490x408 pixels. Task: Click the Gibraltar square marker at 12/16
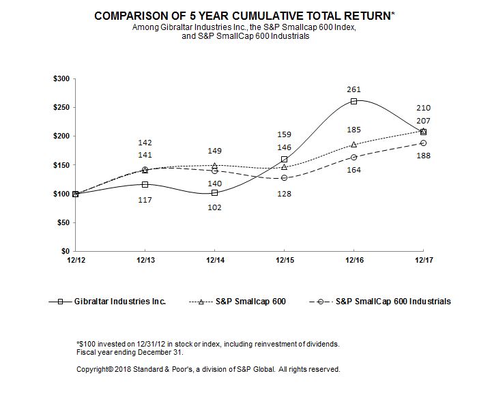(x=354, y=101)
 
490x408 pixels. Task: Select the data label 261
(x=354, y=89)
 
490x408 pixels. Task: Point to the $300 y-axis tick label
(x=61, y=79)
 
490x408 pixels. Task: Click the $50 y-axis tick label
(x=63, y=222)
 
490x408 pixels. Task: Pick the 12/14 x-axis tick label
(x=214, y=260)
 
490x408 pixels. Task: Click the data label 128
(x=284, y=194)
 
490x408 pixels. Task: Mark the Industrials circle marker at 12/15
(x=284, y=178)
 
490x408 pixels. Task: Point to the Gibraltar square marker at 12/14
(x=214, y=193)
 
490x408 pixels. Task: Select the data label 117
(x=145, y=200)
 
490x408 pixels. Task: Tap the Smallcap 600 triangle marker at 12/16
(x=354, y=145)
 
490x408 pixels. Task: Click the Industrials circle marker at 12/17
(x=423, y=143)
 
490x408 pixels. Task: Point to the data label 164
(x=354, y=171)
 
